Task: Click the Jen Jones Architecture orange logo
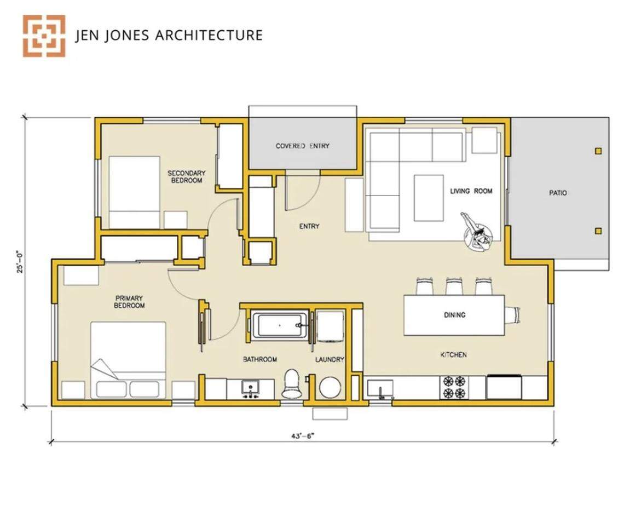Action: tap(44, 36)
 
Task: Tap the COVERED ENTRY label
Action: tap(302, 146)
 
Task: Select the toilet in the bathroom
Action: tap(292, 383)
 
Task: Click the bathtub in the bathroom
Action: tap(279, 325)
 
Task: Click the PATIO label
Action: tap(558, 193)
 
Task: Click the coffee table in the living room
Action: tap(429, 198)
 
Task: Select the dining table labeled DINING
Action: tap(454, 315)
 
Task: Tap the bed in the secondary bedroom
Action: tap(134, 192)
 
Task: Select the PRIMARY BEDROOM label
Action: tap(130, 302)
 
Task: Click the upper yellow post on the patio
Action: tap(598, 151)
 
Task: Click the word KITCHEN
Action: tap(454, 355)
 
